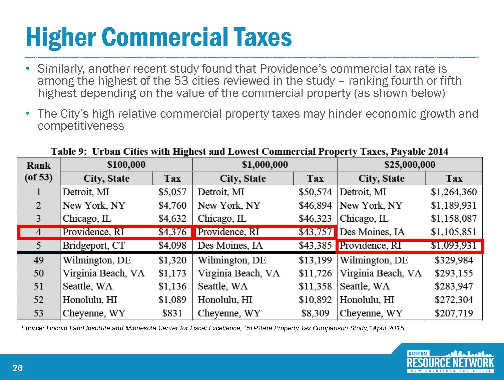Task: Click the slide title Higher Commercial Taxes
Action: pyautogui.click(x=159, y=38)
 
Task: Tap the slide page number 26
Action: pyautogui.click(x=18, y=368)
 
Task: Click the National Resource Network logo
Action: pyautogui.click(x=450, y=362)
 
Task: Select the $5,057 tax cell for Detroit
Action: pyautogui.click(x=172, y=192)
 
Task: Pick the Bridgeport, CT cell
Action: pyautogui.click(x=94, y=246)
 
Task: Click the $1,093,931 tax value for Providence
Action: pyautogui.click(x=454, y=246)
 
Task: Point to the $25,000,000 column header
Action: pyautogui.click(x=410, y=165)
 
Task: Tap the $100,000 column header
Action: pyautogui.click(x=126, y=165)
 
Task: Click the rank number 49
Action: pyautogui.click(x=39, y=260)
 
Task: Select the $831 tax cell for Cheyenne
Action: pyautogui.click(x=172, y=313)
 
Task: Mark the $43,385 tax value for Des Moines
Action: pyautogui.click(x=315, y=246)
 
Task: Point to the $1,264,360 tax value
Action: pyautogui.click(x=454, y=192)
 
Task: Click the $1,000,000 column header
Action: pyautogui.click(x=265, y=165)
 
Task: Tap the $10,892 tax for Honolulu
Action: pyautogui.click(x=315, y=300)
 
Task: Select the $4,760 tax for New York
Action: pyautogui.click(x=172, y=205)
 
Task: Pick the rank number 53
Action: pyautogui.click(x=39, y=313)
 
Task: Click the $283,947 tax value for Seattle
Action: pyautogui.click(x=454, y=286)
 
